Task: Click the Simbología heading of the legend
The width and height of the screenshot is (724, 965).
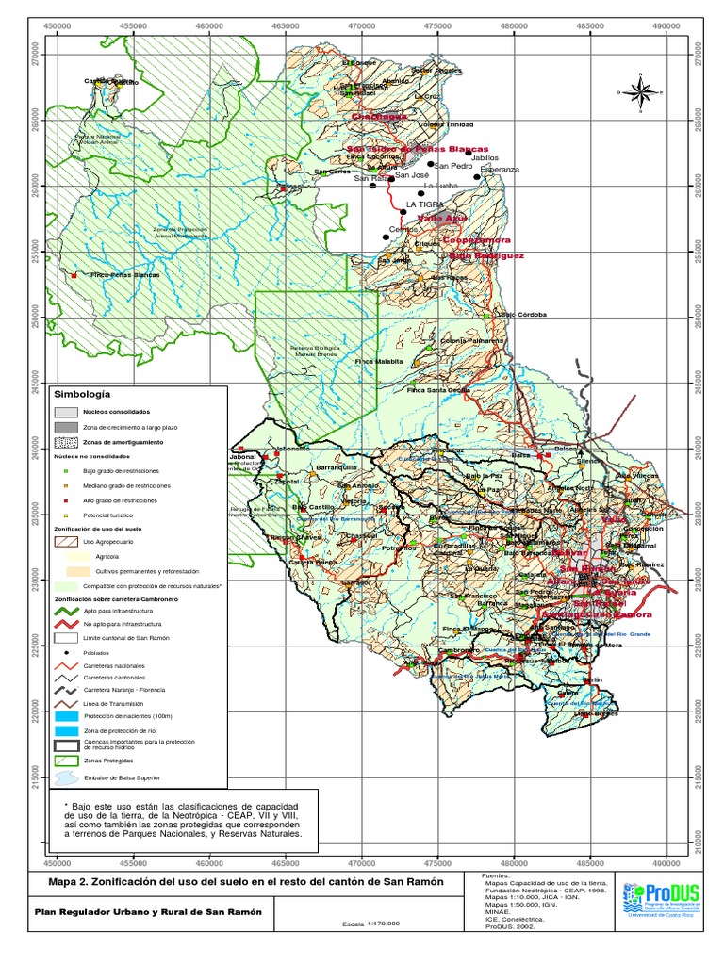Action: [x=83, y=394]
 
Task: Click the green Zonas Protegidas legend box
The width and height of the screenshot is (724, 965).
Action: [x=66, y=759]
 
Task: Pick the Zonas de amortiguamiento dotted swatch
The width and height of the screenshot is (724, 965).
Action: [x=66, y=441]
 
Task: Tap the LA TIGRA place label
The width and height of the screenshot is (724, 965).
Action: [x=424, y=204]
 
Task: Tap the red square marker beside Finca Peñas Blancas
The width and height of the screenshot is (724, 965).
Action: [x=74, y=275]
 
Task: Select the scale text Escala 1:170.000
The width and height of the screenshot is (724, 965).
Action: [x=370, y=924]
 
